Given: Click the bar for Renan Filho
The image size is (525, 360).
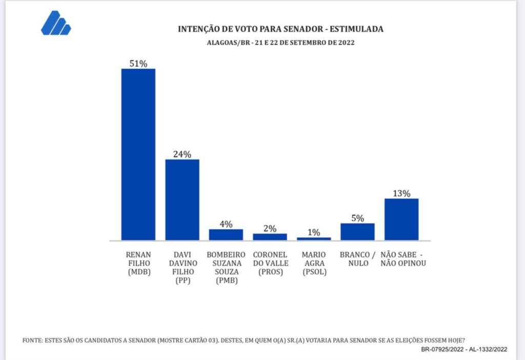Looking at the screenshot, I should (x=138, y=154).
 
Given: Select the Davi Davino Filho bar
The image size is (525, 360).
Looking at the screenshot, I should (x=182, y=199).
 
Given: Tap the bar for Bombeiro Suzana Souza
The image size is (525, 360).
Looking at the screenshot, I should (x=226, y=235).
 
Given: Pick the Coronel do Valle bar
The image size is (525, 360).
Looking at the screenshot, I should (x=270, y=237).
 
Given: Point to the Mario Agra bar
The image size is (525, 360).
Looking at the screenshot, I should (x=314, y=238).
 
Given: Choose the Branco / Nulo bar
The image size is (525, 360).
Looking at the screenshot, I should (x=357, y=232).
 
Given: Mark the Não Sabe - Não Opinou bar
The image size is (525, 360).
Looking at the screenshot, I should (x=401, y=219).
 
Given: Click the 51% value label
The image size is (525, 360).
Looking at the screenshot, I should (x=138, y=64).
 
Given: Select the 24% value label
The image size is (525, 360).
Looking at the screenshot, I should (x=182, y=154).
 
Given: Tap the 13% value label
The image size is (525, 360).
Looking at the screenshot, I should (x=401, y=193).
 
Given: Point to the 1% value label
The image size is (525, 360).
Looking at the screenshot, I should (x=314, y=232).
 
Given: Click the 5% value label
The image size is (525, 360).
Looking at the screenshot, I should (x=357, y=218).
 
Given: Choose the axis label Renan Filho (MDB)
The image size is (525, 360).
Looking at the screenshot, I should (x=138, y=264).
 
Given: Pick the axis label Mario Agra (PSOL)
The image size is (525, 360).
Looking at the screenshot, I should (x=314, y=264).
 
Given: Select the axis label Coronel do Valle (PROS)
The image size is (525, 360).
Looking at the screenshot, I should (x=270, y=264).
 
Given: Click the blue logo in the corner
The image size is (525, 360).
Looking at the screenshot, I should (x=55, y=23).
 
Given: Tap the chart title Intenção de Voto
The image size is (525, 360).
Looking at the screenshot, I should (x=280, y=29).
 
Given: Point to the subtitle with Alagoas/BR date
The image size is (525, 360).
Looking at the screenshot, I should (x=280, y=43).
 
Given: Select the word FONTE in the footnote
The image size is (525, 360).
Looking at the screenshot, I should (x=32, y=340).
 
